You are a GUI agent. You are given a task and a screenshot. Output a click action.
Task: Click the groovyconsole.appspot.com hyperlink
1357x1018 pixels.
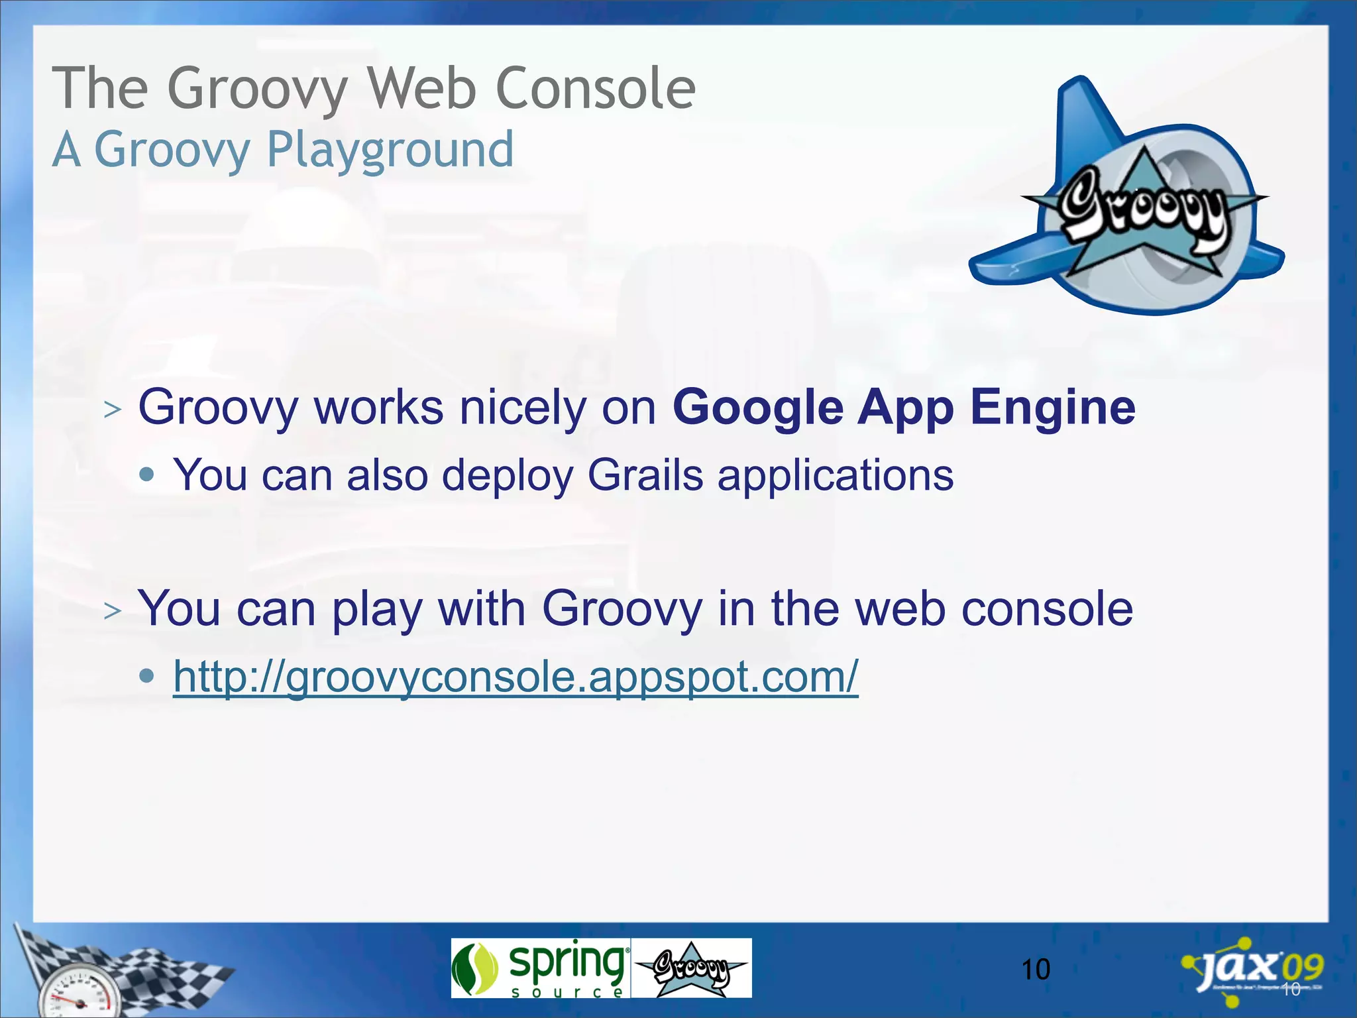(x=516, y=677)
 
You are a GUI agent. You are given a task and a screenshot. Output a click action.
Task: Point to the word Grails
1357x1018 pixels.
(x=645, y=475)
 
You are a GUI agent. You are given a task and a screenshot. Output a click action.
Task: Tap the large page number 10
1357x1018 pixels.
(x=1035, y=970)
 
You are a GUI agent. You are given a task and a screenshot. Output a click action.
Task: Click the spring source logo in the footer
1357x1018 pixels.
(x=540, y=968)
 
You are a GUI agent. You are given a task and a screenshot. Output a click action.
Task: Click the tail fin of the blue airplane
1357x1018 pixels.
(x=1087, y=113)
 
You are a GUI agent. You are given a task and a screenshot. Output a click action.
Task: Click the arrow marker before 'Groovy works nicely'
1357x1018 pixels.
(x=113, y=410)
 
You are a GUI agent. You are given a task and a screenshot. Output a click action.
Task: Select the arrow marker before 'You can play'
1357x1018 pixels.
(x=113, y=610)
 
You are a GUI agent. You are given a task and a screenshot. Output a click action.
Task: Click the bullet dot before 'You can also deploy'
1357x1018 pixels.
(x=147, y=475)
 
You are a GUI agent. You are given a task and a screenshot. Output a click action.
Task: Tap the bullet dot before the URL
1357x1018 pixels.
(x=147, y=676)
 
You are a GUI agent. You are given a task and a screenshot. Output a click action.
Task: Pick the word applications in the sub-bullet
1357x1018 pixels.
(x=836, y=475)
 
